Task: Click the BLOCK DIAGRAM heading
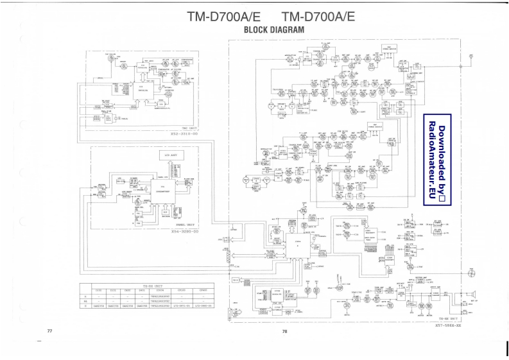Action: [x=274, y=30]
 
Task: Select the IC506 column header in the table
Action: [x=162, y=290]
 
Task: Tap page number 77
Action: [x=49, y=330]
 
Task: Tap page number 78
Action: [x=284, y=332]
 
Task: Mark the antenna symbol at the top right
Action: [x=471, y=56]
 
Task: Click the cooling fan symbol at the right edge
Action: [x=472, y=274]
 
